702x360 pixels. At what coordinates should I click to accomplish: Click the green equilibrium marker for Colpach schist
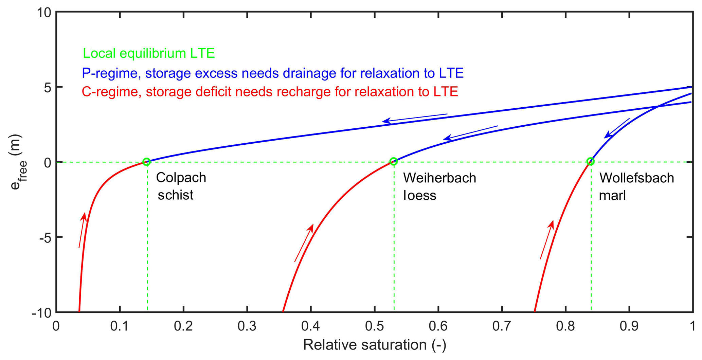(x=146, y=162)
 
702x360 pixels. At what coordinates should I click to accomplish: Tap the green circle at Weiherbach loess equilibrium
(x=393, y=161)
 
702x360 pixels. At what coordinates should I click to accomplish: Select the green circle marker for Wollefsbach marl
(x=591, y=162)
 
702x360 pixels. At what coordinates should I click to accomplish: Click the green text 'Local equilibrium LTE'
(x=149, y=53)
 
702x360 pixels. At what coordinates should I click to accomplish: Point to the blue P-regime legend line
(x=273, y=73)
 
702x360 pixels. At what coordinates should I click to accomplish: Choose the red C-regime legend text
(x=270, y=92)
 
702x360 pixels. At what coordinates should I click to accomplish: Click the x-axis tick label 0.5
(x=374, y=326)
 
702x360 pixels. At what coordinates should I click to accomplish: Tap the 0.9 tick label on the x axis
(x=629, y=326)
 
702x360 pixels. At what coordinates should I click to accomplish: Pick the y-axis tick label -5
(x=45, y=237)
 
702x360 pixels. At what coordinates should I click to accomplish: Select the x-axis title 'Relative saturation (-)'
(x=374, y=345)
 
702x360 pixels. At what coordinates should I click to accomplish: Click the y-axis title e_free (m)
(x=17, y=162)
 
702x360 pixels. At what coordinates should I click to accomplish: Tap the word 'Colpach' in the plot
(x=181, y=178)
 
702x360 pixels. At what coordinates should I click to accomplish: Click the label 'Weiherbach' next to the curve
(x=439, y=178)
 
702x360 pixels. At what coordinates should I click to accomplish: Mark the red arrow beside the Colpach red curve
(x=82, y=230)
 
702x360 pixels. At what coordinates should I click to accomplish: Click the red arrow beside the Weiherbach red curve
(x=304, y=242)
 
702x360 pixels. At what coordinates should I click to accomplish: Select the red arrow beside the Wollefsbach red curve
(x=547, y=240)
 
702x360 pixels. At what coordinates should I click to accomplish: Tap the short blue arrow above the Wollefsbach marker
(x=617, y=128)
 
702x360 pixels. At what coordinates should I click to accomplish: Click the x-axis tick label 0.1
(x=120, y=326)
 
